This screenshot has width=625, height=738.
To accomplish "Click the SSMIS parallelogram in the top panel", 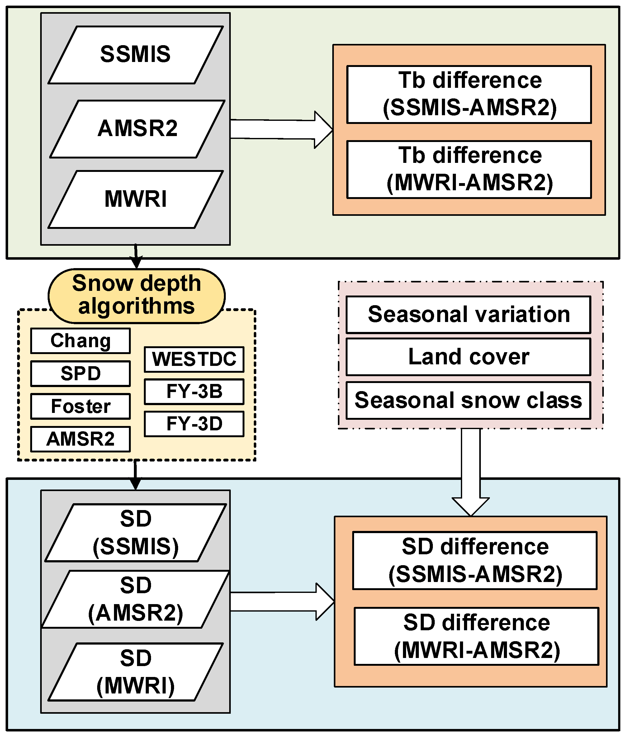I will (136, 55).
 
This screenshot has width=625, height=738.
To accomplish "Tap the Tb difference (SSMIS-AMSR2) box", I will (469, 94).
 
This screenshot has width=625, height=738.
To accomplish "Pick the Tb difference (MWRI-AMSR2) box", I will (469, 169).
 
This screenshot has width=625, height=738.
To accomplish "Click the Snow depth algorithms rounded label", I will (136, 295).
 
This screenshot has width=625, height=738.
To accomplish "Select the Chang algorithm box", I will (80, 341).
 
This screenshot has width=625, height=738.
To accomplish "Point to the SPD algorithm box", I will (80, 373).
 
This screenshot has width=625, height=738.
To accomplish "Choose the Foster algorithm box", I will (80, 406).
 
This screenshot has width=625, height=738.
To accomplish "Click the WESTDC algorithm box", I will (194, 359).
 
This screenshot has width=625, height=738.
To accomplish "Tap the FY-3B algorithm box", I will (194, 391).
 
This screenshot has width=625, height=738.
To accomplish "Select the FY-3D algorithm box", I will (194, 424).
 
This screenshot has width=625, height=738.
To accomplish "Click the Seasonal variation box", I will (468, 315).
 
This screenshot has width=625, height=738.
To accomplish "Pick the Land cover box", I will (468, 357).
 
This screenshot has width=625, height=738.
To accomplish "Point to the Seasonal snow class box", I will (468, 400).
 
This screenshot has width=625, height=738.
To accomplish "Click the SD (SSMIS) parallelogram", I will (136, 532).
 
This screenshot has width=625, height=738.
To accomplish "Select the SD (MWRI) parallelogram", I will (136, 672).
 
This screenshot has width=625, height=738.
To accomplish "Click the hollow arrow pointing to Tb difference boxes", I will (282, 130).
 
